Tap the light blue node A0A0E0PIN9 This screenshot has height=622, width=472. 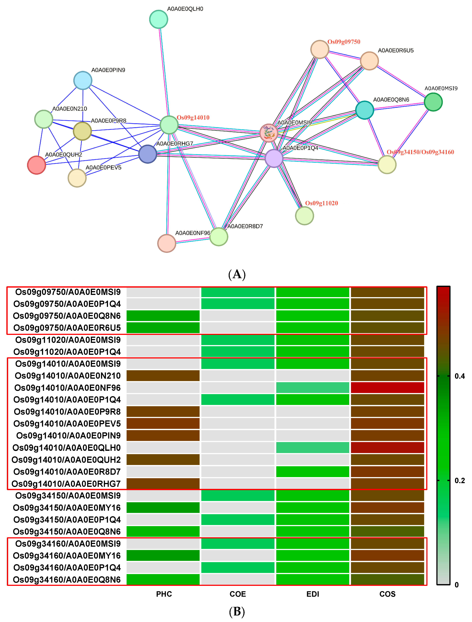tap(83, 80)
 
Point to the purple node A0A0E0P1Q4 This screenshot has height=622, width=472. tap(274, 158)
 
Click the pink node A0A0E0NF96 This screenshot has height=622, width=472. tap(167, 243)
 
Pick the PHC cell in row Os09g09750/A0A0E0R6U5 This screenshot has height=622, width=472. tap(163, 328)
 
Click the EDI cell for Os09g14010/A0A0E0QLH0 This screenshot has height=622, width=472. tap(312, 448)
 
